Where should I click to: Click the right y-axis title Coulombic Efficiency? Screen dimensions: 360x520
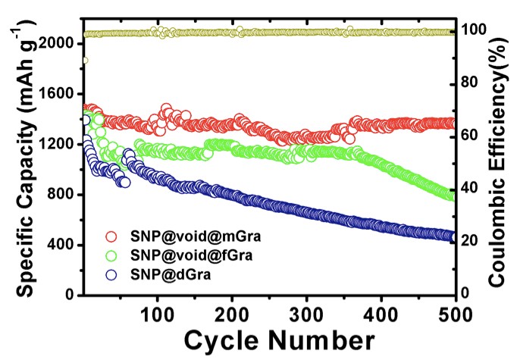[499, 161]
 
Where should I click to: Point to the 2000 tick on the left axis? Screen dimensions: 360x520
[57, 44]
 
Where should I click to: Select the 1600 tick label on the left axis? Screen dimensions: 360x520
[57, 94]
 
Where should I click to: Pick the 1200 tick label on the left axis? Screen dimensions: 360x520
[57, 144]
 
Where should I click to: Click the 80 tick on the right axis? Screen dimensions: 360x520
[472, 82]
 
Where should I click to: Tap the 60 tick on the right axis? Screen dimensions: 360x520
[472, 135]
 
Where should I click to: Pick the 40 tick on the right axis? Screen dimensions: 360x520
[472, 188]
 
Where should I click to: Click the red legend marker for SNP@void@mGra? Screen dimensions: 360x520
[111, 236]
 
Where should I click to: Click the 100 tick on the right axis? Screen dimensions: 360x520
[475, 30]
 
